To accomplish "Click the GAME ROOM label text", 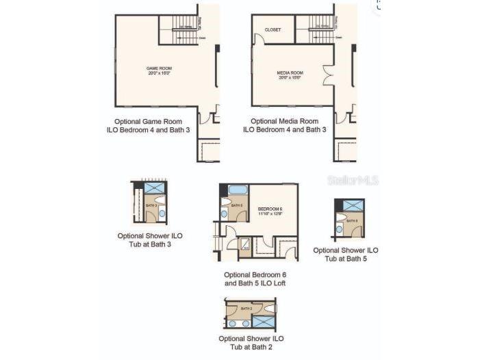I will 158,69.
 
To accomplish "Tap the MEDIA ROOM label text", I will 290,73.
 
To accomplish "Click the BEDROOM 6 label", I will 270,209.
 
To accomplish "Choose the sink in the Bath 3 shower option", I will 162,214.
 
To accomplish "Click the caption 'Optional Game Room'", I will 149,121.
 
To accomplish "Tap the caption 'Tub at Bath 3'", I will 150,244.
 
